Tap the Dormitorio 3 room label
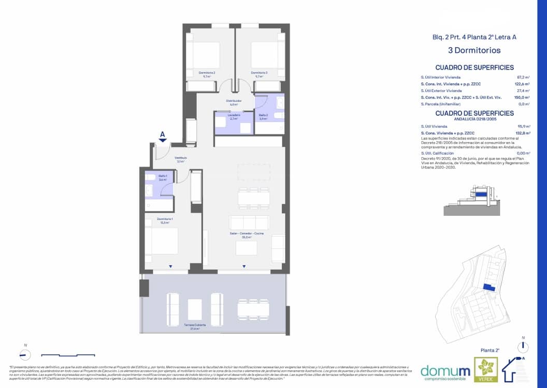point(259,73)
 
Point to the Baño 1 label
point(163,177)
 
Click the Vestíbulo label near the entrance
point(180,159)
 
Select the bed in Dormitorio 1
point(162,241)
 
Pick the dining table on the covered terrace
point(253,309)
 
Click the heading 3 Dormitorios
point(474,50)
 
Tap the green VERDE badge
point(486,370)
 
